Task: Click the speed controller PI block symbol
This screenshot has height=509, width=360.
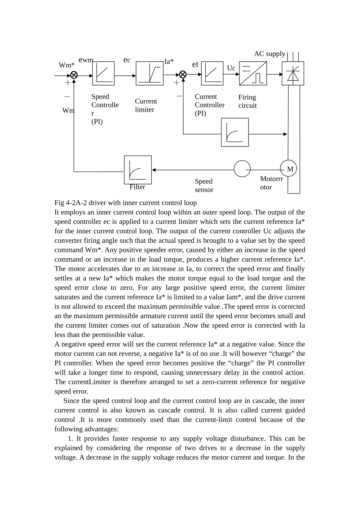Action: tap(103, 73)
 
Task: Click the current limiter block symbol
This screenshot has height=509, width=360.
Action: tap(149, 73)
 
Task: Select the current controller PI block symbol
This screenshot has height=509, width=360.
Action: tap(212, 73)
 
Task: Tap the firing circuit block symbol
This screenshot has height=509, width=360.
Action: tap(253, 73)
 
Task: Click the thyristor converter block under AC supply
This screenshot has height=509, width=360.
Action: tap(293, 73)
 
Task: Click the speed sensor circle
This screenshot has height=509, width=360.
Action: tap(242, 169)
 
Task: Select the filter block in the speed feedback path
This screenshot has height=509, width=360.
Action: tap(138, 170)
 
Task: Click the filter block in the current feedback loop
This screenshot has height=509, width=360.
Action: tap(235, 132)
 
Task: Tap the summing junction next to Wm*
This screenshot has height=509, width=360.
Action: tap(74, 75)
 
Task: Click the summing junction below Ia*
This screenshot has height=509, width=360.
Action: tap(183, 75)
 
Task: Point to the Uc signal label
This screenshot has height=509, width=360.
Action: tap(231, 68)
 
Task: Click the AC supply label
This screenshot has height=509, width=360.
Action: tap(269, 54)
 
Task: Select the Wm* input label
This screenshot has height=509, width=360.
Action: tap(66, 65)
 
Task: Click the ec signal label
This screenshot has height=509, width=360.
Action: tap(127, 60)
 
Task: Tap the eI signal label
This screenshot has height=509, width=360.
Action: tap(195, 65)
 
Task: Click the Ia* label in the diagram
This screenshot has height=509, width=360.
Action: tap(169, 61)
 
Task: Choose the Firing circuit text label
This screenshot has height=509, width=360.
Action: tap(247, 101)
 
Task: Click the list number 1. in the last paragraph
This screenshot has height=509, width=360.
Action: tap(70, 439)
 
